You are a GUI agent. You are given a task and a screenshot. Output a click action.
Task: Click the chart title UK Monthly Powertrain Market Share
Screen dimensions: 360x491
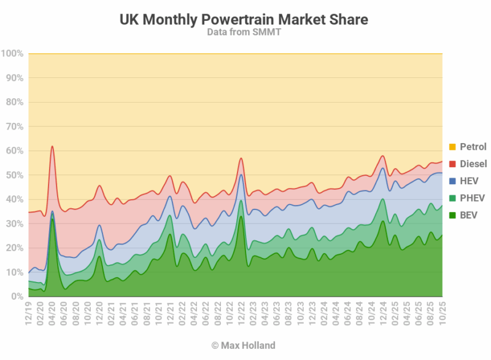coord(244,20)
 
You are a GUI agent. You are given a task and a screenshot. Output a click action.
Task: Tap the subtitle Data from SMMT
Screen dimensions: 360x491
coord(244,32)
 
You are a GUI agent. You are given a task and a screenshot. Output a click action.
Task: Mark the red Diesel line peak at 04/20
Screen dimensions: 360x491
coord(52,146)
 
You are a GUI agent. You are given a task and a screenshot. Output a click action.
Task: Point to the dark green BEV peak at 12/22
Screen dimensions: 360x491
coord(241,216)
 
